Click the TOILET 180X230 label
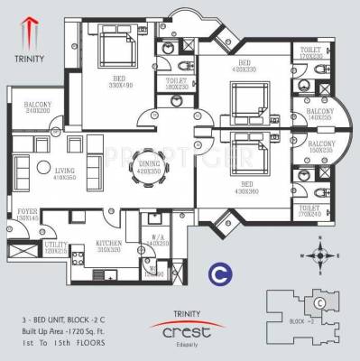click(177, 84)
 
